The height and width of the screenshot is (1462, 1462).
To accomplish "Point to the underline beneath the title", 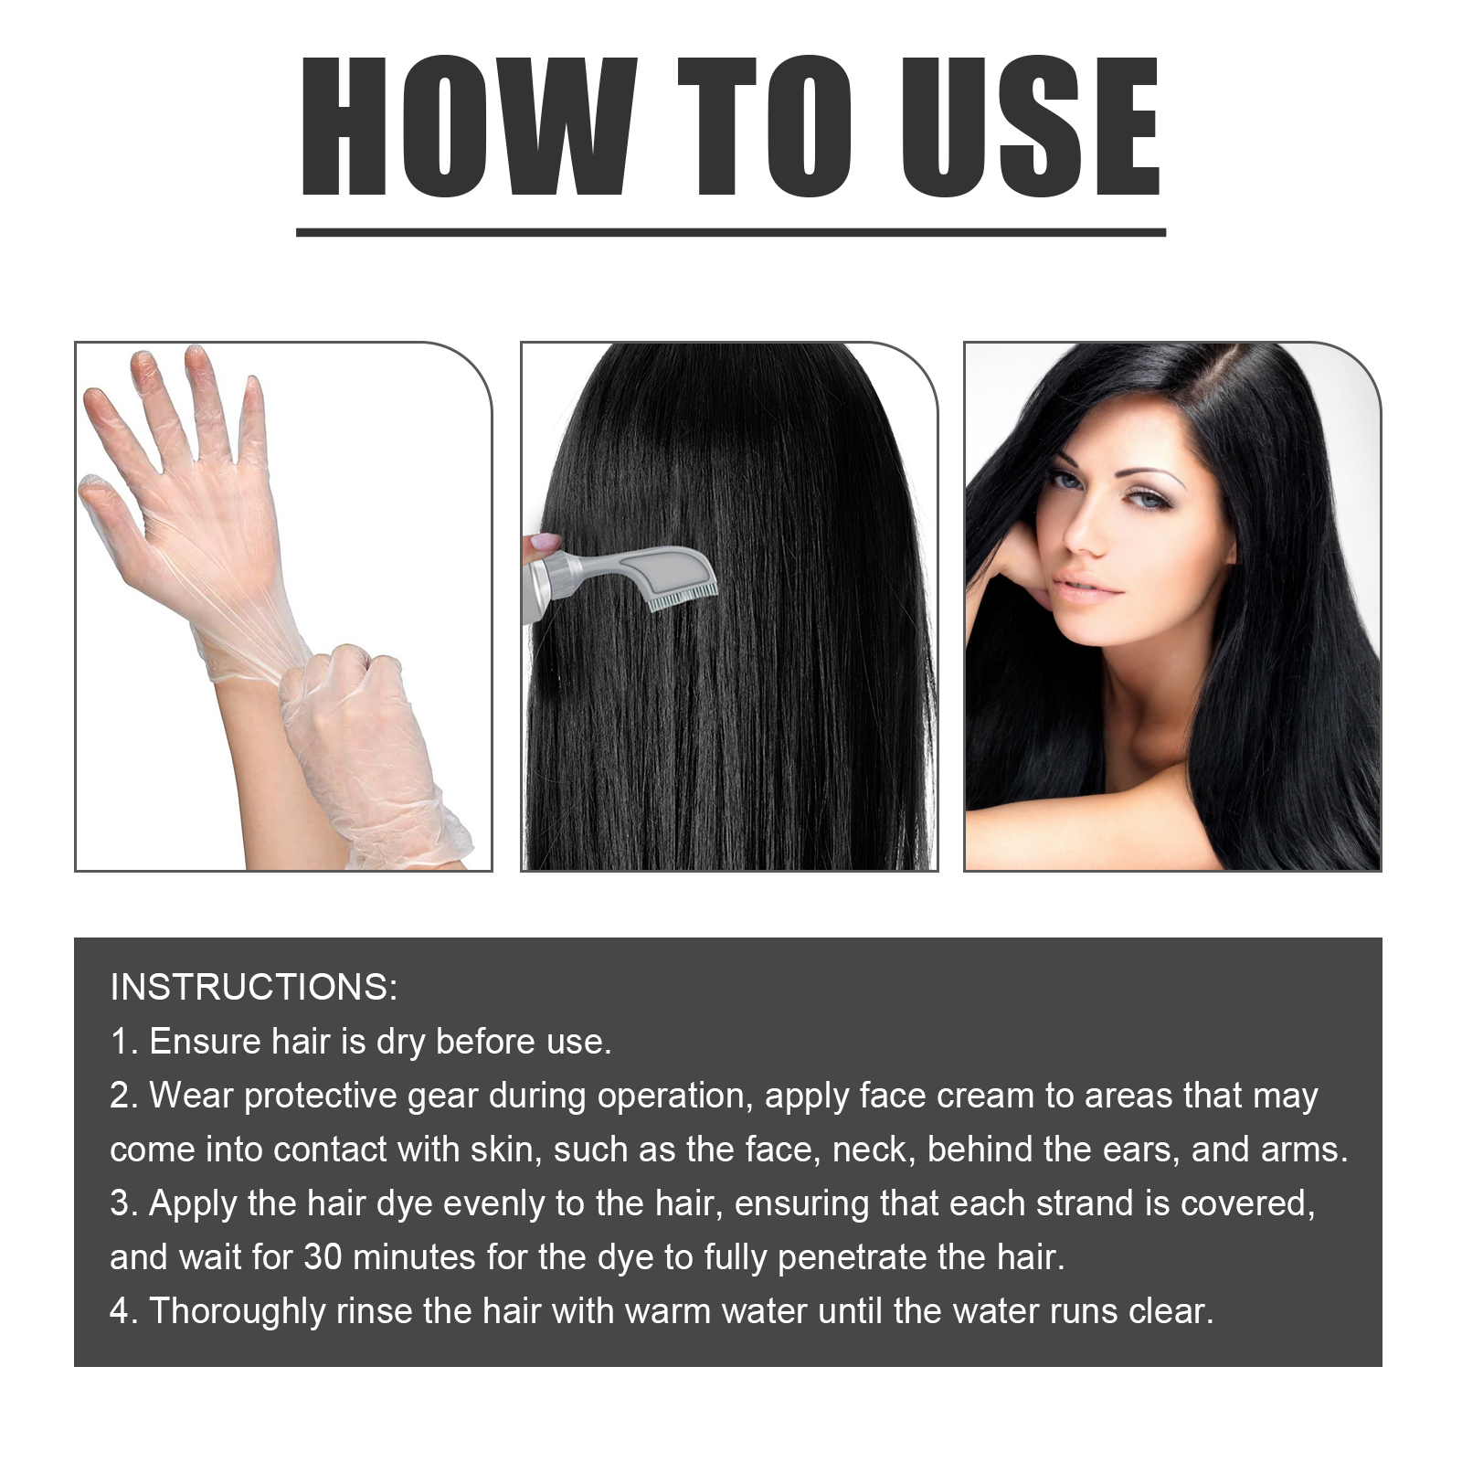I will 731,232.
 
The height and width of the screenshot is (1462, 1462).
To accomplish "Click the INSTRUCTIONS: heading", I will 254,988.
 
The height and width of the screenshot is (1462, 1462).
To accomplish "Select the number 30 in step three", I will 323,1257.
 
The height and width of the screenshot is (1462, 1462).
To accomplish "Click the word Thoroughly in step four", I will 237,1311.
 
